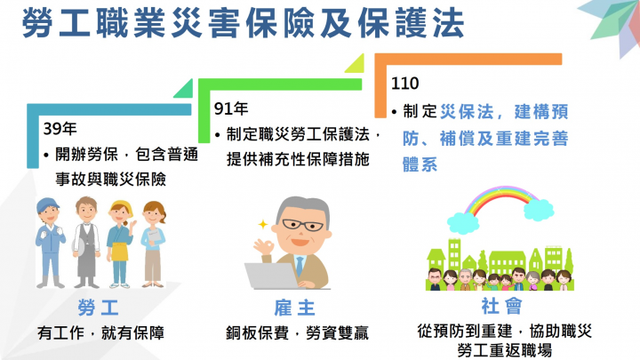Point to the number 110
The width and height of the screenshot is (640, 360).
tap(406, 84)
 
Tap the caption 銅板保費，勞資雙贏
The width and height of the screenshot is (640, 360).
tap(298, 334)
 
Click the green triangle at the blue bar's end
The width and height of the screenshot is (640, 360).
tap(184, 90)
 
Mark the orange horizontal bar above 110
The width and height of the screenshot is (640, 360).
tap(471, 59)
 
